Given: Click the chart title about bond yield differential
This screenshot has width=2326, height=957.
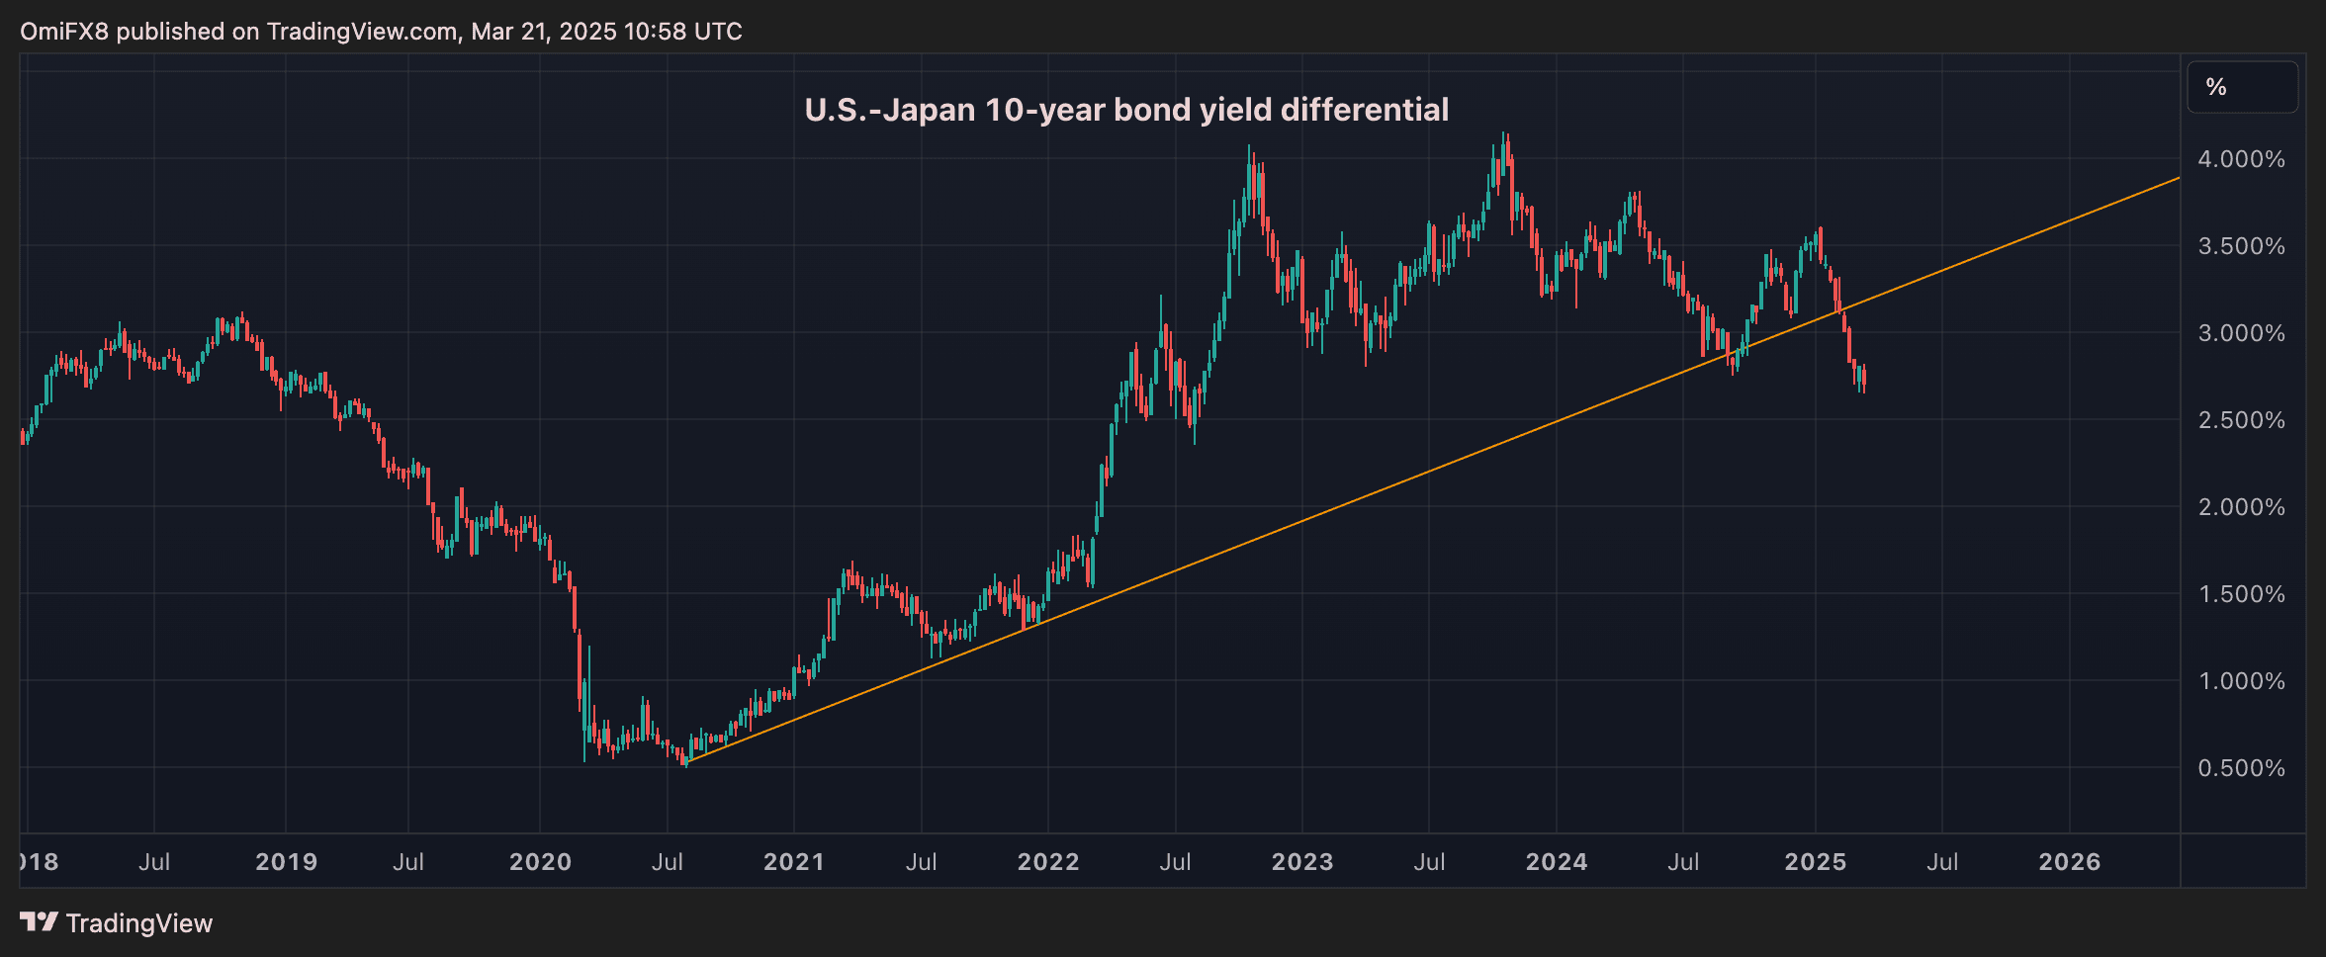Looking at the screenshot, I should [x=1126, y=110].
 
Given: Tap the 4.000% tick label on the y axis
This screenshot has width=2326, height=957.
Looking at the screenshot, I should [x=2241, y=159].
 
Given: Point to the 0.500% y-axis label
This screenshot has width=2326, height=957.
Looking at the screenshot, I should [x=2241, y=768].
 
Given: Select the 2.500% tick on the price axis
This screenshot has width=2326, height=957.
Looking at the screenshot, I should [x=2241, y=420].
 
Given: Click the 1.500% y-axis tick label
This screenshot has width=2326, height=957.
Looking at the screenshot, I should [x=2241, y=594].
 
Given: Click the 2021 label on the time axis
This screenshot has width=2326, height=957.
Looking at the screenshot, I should [x=793, y=862].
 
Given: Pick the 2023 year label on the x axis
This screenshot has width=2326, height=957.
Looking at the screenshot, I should [x=1301, y=862].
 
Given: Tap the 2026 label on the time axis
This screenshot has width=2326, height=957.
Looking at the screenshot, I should [x=2069, y=862].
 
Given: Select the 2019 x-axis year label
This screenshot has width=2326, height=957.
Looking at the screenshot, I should [x=286, y=862].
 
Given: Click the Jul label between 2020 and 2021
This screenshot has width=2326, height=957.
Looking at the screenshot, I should [x=667, y=862].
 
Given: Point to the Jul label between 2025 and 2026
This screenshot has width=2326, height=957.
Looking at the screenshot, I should [x=1941, y=862].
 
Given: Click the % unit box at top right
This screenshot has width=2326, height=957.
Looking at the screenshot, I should [x=2241, y=87].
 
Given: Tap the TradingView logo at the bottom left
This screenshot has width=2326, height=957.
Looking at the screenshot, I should [x=117, y=922].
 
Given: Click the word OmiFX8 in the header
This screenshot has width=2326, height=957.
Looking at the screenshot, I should [x=64, y=32].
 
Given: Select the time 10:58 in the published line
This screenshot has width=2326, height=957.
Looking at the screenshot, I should [x=655, y=32].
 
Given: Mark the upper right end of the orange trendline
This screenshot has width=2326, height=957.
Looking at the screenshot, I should [x=2178, y=179].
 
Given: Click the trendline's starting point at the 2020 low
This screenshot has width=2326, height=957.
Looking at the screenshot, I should [x=686, y=761].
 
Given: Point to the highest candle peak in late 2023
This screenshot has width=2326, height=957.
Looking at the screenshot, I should [x=1504, y=135].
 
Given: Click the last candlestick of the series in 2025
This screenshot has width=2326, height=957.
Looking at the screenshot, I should [x=1863, y=378].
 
